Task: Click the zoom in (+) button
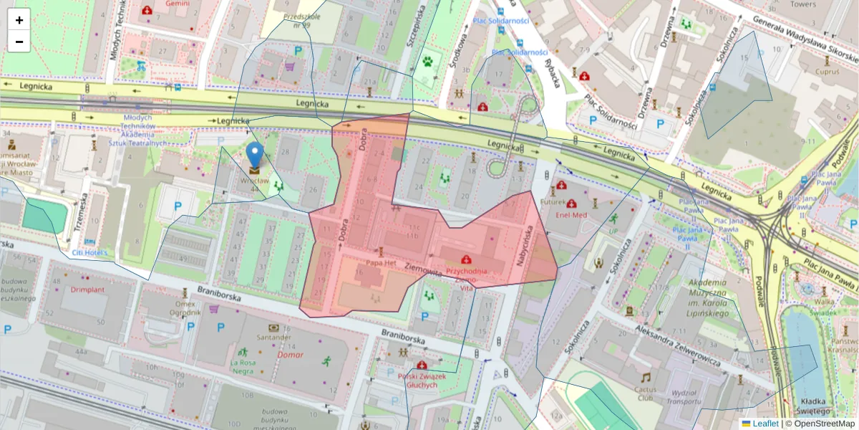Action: pyautogui.click(x=19, y=20)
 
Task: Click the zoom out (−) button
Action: pyautogui.click(x=19, y=42)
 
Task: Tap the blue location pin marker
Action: pyautogui.click(x=255, y=156)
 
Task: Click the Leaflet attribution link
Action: pyautogui.click(x=765, y=424)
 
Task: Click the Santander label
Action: pyautogui.click(x=275, y=338)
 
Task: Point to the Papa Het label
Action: pyautogui.click(x=381, y=263)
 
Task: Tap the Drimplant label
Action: pyautogui.click(x=87, y=290)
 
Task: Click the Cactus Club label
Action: pyautogui.click(x=646, y=393)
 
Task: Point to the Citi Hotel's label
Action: pyautogui.click(x=89, y=253)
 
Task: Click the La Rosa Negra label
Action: pyautogui.click(x=243, y=366)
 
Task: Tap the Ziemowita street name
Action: pyautogui.click(x=422, y=270)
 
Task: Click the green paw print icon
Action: pyautogui.click(x=428, y=62)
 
